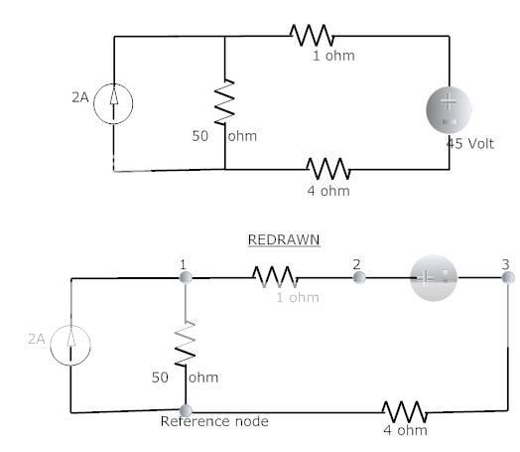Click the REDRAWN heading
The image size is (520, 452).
point(283,240)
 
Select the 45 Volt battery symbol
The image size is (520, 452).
point(450,109)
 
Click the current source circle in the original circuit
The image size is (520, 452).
point(114,103)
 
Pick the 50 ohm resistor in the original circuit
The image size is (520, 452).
point(225,100)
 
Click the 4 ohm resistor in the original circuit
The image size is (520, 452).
point(328,168)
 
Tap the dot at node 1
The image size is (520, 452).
point(184,277)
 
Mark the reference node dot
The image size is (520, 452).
point(185,409)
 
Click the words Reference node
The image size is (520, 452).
point(214,421)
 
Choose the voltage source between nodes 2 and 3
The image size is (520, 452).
point(433,278)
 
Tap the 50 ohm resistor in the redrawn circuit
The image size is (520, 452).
point(185,344)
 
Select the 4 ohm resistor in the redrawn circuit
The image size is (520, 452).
point(405,410)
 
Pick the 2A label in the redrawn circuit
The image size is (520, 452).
point(37,339)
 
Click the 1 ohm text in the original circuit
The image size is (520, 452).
point(332,56)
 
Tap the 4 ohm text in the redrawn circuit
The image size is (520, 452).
point(405,430)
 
